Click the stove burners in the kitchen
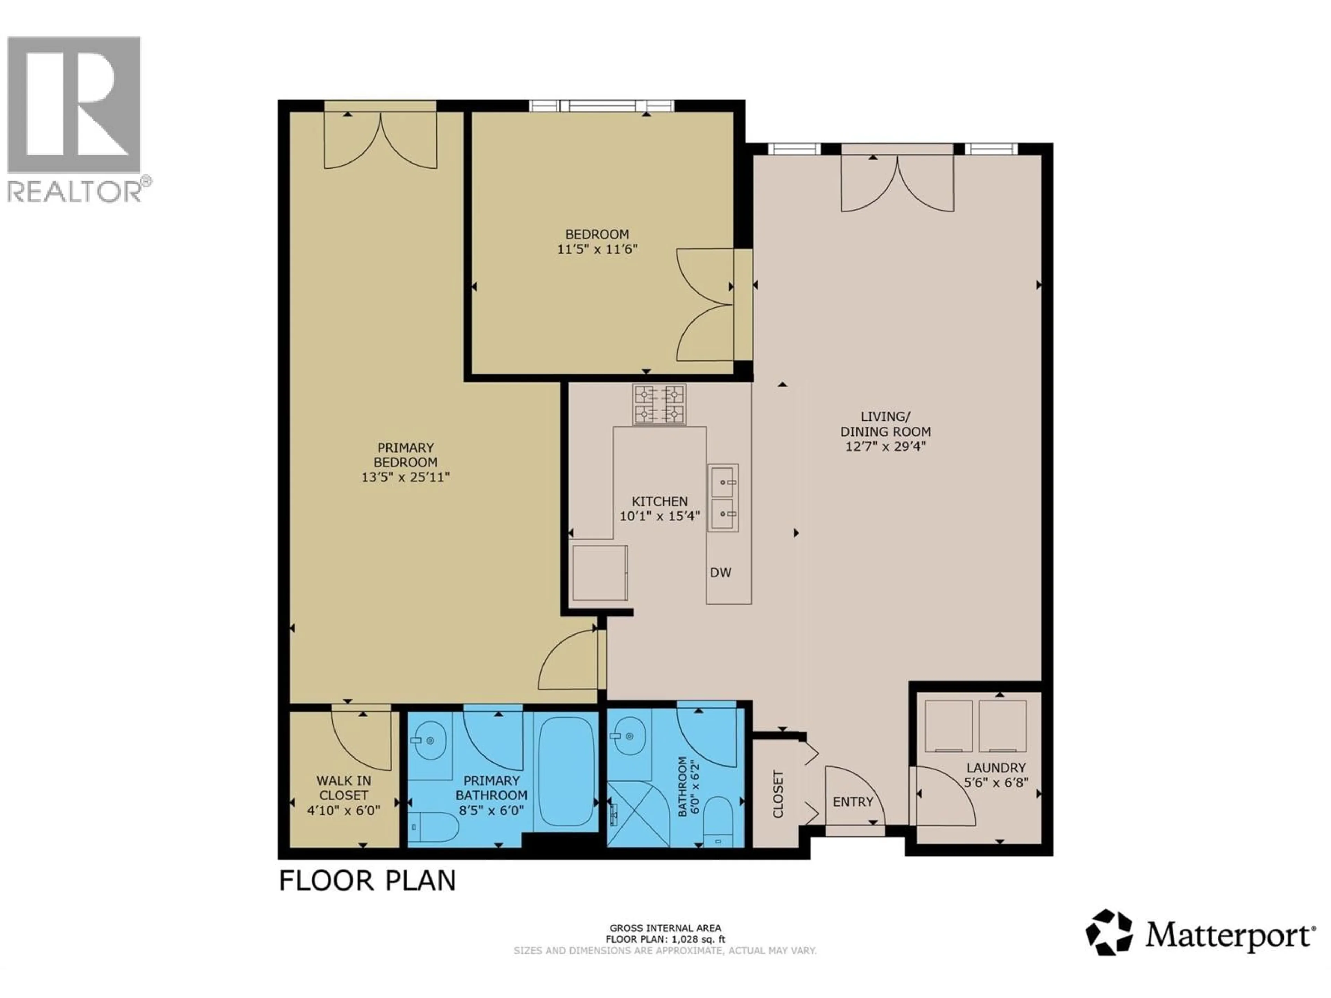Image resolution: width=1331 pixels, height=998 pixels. point(659,404)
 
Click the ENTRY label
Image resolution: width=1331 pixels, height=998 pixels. point(853,802)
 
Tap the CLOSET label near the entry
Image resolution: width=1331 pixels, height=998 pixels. point(778,794)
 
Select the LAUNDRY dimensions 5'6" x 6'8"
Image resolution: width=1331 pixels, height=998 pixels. point(996,783)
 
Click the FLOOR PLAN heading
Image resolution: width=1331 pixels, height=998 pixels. point(368,881)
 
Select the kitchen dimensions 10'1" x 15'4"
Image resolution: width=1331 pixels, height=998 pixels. point(660,516)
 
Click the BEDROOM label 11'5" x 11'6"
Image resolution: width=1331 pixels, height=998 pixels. point(597,242)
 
